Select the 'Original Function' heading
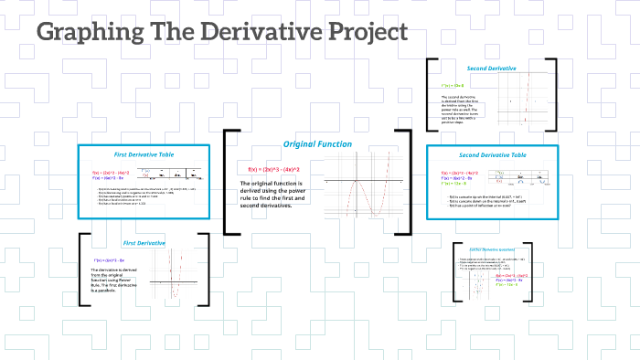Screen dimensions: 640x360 coord(317,143)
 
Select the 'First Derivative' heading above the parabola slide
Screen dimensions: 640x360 coord(144,243)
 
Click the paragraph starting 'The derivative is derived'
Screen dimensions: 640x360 coord(112,282)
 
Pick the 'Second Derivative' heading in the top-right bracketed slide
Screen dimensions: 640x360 coord(492,69)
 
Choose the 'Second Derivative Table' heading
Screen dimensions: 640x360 coord(493,155)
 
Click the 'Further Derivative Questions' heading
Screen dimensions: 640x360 coord(493,249)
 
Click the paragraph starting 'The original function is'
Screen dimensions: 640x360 coord(271,195)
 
